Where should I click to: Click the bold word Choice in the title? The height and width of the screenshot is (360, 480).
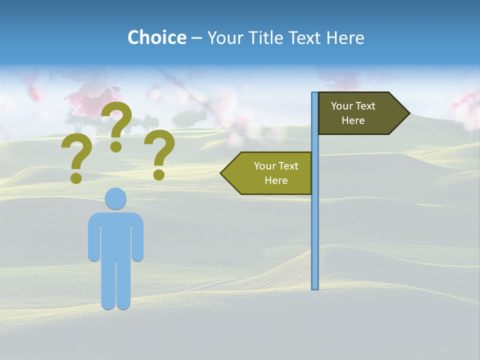pyautogui.click(x=156, y=38)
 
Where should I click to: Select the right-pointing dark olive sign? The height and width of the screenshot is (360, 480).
pyautogui.click(x=357, y=113)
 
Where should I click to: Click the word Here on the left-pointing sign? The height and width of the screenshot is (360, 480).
pyautogui.click(x=276, y=180)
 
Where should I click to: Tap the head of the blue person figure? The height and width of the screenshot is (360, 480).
pyautogui.click(x=115, y=198)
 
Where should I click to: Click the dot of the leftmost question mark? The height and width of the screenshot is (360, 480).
pyautogui.click(x=76, y=178)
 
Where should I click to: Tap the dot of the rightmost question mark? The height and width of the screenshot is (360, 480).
pyautogui.click(x=159, y=174)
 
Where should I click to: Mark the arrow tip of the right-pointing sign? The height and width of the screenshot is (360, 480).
pyautogui.click(x=407, y=113)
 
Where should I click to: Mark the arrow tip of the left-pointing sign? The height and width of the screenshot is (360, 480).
pyautogui.click(x=223, y=173)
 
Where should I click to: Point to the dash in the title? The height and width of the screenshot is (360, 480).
pyautogui.click(x=196, y=38)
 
